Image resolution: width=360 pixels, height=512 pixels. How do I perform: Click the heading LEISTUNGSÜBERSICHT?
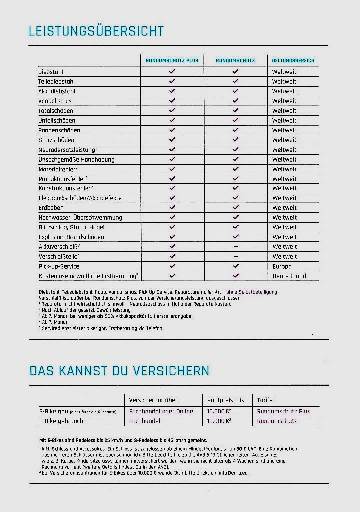96,31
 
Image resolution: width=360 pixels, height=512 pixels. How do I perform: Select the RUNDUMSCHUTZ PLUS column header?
172,60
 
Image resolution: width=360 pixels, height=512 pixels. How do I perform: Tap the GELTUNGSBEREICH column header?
293,60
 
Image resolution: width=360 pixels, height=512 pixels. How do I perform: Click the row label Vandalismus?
55,101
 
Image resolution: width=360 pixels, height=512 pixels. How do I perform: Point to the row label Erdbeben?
51,208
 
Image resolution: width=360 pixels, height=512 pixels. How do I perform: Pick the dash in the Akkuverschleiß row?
236,247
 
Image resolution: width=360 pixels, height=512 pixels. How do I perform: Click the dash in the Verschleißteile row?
236,256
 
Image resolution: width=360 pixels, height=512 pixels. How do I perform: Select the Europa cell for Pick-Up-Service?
282,267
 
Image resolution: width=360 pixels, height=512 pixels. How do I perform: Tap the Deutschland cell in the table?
289,276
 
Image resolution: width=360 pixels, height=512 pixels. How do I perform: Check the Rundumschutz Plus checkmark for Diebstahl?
172,71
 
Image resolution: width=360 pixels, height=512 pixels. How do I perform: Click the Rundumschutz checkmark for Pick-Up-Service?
236,266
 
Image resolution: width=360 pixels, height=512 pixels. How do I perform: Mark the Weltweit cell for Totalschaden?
284,111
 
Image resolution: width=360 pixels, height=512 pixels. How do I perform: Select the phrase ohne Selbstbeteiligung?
252,292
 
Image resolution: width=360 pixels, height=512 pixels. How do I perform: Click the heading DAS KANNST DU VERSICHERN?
119,371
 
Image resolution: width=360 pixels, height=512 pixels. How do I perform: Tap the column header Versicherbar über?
153,400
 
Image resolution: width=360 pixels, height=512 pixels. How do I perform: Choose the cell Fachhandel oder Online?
161,411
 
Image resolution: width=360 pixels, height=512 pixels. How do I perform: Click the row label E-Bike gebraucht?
62,421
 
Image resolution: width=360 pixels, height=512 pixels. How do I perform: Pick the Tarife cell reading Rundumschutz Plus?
284,411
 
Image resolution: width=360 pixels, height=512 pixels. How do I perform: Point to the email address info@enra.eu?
234,473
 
